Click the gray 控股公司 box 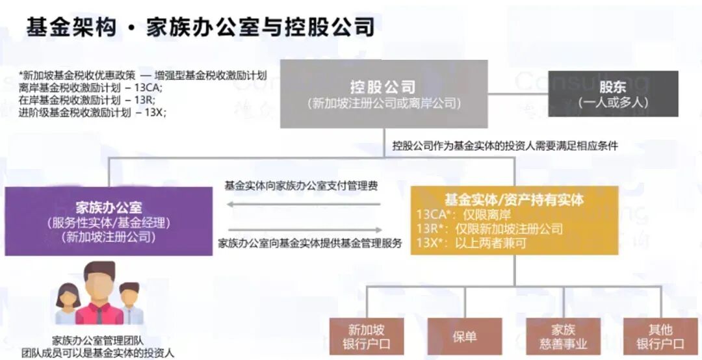click(383, 94)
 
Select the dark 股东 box click(612, 94)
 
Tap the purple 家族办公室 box click(109, 221)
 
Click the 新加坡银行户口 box click(366, 336)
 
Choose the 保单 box click(464, 336)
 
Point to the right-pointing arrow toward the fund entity click(305, 229)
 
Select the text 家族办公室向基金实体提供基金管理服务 click(310, 244)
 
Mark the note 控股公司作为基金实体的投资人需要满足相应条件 click(504, 146)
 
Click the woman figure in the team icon click(68, 305)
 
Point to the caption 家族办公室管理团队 click(98, 340)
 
